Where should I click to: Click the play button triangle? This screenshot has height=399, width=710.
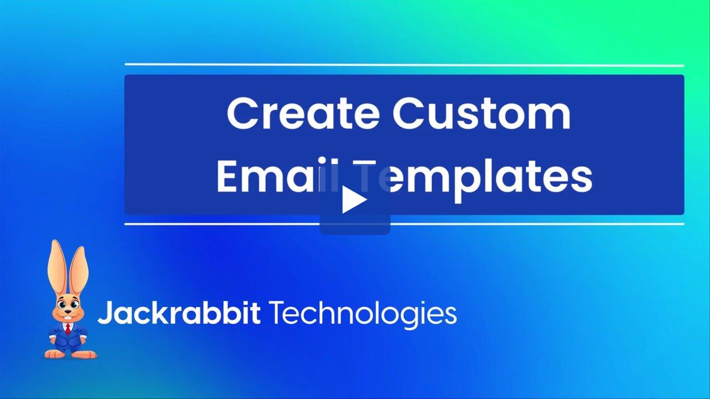(354, 200)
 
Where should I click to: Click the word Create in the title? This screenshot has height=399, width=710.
(302, 113)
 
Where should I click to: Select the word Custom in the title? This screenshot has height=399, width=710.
(481, 113)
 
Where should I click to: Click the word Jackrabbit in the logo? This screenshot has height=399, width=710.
(179, 314)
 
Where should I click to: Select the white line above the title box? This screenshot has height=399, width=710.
(404, 65)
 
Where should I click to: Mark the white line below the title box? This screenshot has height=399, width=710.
(404, 224)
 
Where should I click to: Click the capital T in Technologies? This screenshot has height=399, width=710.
(277, 314)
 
